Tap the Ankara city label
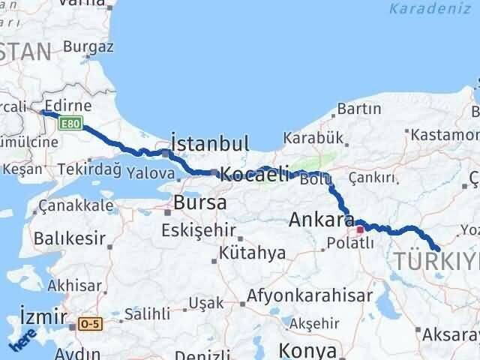(x=322, y=220)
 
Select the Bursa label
(x=201, y=202)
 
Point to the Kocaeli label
(x=254, y=175)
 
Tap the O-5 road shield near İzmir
(x=89, y=324)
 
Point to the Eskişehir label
(x=199, y=229)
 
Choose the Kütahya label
(x=253, y=253)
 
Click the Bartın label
(x=359, y=109)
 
